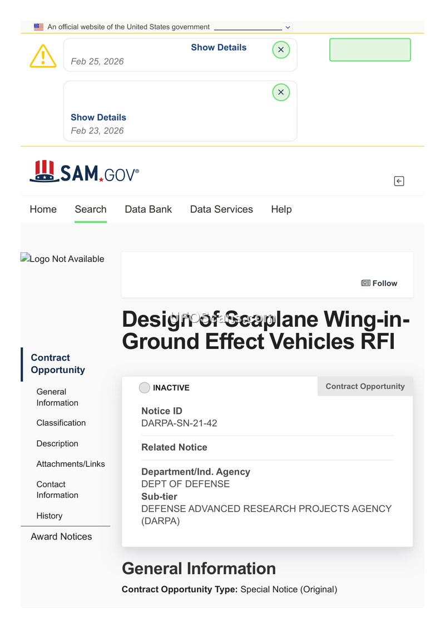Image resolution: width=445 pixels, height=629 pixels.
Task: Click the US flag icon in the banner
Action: click(38, 27)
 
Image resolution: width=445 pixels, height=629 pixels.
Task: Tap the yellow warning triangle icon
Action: click(43, 56)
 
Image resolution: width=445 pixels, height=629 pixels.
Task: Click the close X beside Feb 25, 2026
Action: click(281, 50)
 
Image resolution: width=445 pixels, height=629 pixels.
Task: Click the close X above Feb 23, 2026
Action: click(281, 92)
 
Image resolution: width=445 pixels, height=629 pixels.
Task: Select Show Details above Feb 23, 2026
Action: click(98, 117)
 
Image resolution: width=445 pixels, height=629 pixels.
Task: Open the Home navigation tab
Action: click(43, 209)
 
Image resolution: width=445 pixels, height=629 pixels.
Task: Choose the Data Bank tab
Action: click(148, 209)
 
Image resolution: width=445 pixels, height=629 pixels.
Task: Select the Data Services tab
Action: click(221, 209)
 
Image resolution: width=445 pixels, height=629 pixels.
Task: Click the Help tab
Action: click(281, 209)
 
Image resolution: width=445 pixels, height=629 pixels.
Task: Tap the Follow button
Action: click(379, 283)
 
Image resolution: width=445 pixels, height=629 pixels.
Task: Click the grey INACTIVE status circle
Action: click(145, 388)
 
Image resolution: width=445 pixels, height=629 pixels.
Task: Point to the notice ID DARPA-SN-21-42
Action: click(179, 423)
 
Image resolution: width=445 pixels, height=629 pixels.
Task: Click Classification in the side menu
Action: click(61, 423)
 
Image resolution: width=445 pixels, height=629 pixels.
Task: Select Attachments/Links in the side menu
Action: click(71, 464)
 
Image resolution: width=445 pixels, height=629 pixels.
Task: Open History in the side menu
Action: click(50, 516)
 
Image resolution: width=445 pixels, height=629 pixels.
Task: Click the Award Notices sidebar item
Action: click(61, 537)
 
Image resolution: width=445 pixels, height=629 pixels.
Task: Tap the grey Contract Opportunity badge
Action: click(365, 386)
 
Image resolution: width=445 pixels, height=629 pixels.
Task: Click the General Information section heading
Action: click(199, 568)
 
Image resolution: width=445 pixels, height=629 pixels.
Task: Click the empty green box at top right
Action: click(370, 50)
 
